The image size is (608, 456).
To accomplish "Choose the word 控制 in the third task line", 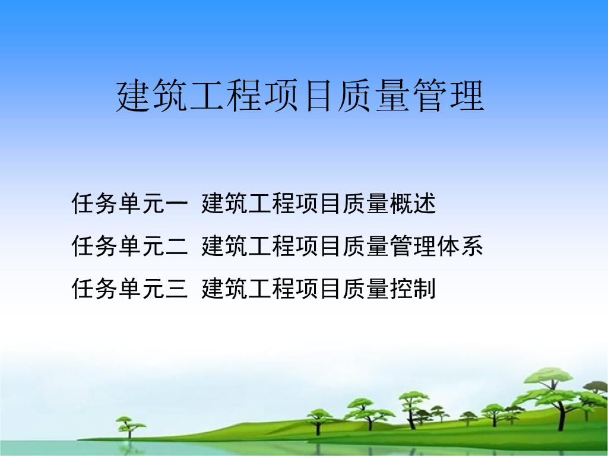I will click(413, 289).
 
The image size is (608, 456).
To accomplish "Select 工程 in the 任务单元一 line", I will click(272, 204).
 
